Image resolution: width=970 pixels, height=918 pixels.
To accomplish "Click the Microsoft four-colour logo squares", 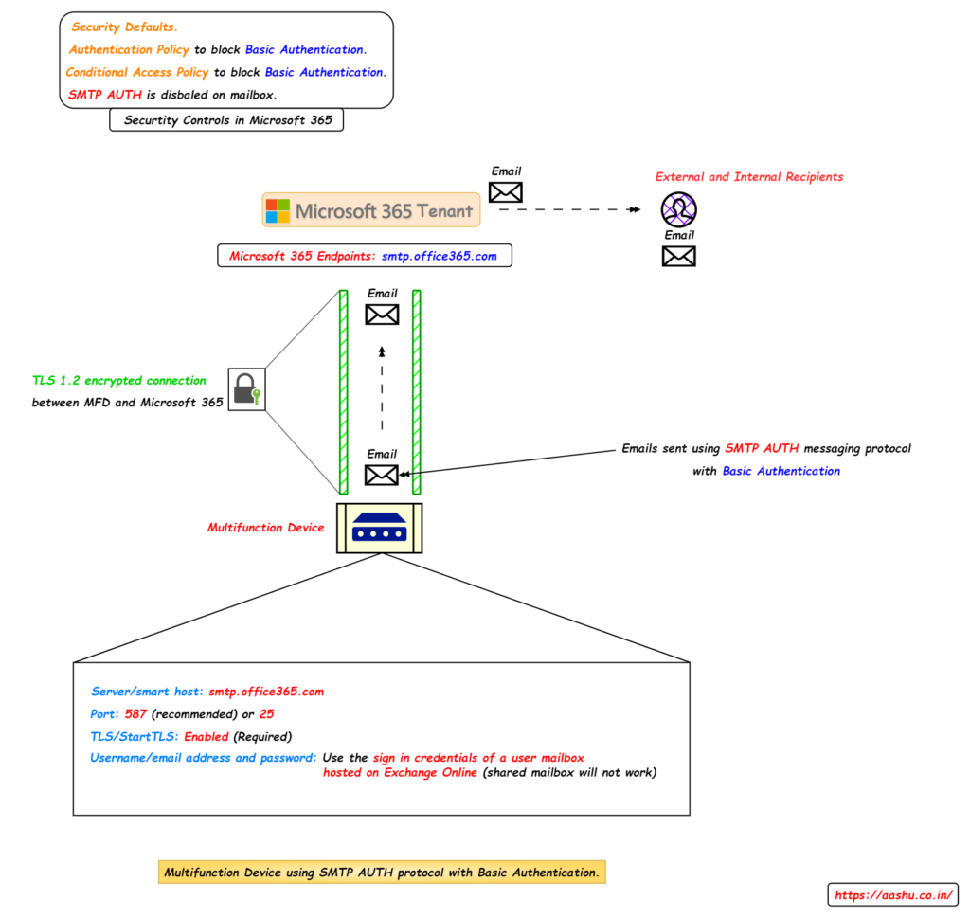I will pyautogui.click(x=278, y=210).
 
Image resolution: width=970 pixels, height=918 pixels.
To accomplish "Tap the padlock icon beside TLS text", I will pyautogui.click(x=246, y=389).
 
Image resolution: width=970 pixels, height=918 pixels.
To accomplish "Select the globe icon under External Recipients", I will pyautogui.click(x=678, y=209).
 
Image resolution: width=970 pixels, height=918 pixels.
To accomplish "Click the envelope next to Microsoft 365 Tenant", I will pyautogui.click(x=506, y=192).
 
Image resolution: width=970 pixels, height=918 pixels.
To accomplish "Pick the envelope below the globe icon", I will pyautogui.click(x=678, y=256).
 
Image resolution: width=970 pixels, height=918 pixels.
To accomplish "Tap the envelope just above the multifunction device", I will pyautogui.click(x=382, y=475).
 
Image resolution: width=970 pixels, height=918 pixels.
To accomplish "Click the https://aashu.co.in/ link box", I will pyautogui.click(x=893, y=894).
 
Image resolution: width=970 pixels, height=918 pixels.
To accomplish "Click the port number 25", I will pyautogui.click(x=266, y=713).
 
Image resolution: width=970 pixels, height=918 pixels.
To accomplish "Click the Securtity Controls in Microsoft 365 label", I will pyautogui.click(x=227, y=120).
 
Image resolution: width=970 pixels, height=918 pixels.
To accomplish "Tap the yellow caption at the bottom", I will pyautogui.click(x=381, y=872).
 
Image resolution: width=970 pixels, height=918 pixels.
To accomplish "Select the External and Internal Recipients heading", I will pyautogui.click(x=748, y=177).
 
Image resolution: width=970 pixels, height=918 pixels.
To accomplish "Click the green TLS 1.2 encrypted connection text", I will pyautogui.click(x=118, y=380).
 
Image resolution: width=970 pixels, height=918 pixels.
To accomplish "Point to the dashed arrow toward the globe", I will pyautogui.click(x=568, y=209).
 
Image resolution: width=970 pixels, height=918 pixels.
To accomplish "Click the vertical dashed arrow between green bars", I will pyautogui.click(x=382, y=388).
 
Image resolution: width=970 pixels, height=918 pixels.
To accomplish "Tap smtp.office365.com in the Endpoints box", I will pyautogui.click(x=439, y=256).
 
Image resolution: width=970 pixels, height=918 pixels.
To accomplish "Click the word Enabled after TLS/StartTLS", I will pyautogui.click(x=207, y=736).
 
